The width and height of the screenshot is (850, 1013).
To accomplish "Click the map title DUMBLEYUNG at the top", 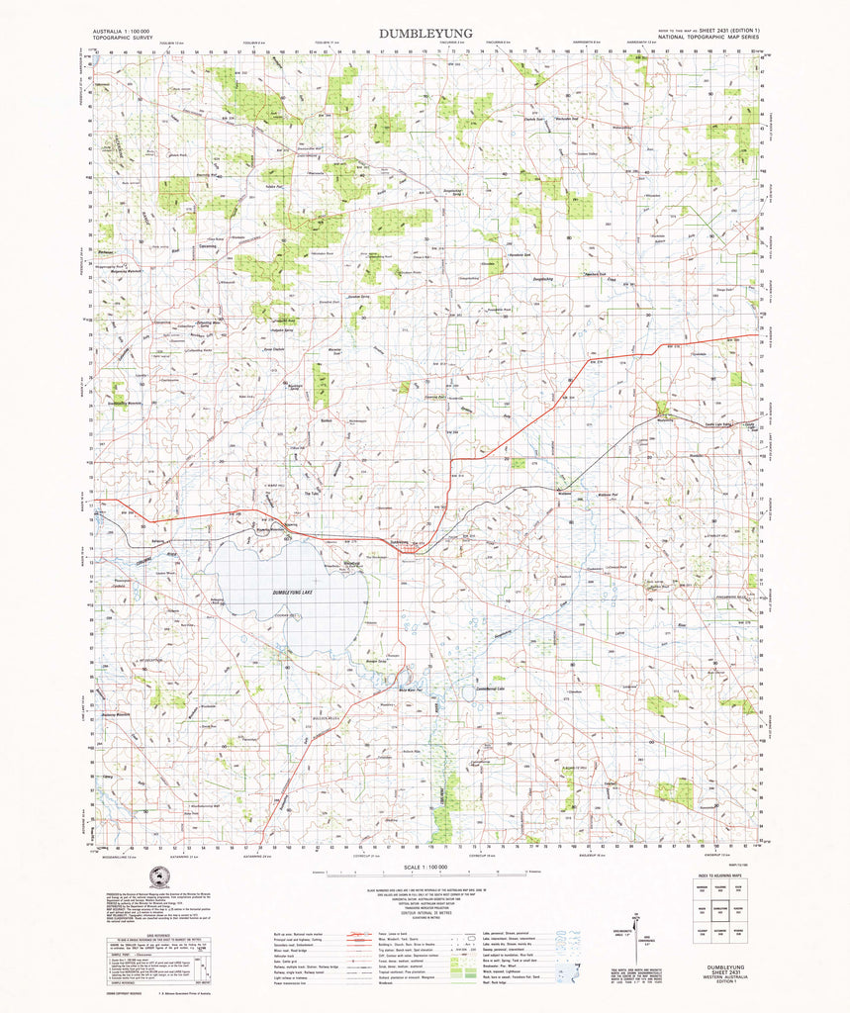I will click(x=425, y=33).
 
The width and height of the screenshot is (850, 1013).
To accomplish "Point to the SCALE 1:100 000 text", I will click(x=425, y=867).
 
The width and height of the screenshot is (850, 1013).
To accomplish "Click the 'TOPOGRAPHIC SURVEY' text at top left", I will click(x=120, y=41).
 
